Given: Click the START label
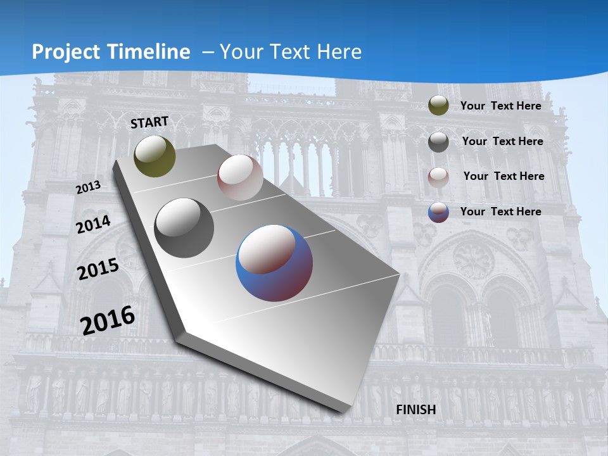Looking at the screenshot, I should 149,122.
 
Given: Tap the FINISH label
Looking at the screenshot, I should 416,409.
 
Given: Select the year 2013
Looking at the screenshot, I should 88,187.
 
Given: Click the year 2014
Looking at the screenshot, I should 93,224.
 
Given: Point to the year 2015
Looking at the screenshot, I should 98,269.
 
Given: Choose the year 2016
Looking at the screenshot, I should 108,320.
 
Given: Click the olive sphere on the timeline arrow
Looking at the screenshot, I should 155,156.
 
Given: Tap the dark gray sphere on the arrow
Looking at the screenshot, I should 184,228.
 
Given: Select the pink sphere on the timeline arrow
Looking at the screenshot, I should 240,177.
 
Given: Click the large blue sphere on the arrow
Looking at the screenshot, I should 274,263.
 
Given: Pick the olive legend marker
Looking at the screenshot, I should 438,106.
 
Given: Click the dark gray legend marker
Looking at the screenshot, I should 438,141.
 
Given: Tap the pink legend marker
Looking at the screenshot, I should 438,177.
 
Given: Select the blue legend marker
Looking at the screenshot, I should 438,212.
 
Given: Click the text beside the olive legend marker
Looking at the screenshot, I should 500,106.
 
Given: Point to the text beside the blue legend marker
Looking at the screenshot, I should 500,212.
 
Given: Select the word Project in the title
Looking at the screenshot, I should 65,52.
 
